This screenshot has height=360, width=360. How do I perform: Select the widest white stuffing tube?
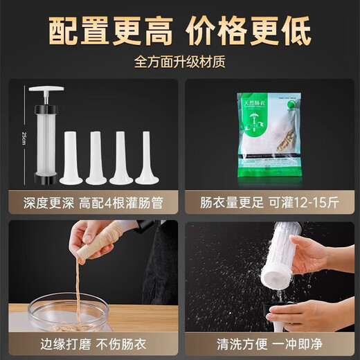tap(71, 159)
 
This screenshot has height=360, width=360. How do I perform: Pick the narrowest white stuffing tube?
tap(147, 159)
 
